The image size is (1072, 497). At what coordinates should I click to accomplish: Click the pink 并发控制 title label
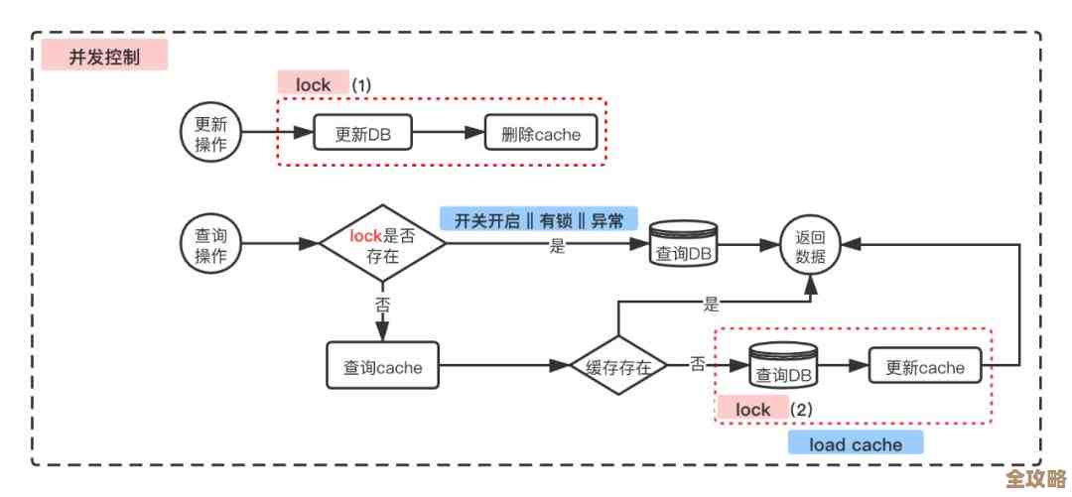tap(104, 57)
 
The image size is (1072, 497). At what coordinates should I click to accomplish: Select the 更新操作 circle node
tap(209, 133)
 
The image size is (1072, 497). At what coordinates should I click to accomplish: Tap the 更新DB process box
tap(362, 134)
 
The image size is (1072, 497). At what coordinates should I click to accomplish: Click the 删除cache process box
tap(540, 134)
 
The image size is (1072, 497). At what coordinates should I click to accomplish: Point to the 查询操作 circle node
tap(209, 243)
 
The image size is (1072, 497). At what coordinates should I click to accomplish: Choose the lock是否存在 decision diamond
tap(382, 244)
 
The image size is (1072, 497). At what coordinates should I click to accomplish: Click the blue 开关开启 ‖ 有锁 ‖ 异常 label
tap(539, 220)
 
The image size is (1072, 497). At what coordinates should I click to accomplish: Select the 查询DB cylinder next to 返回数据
tap(685, 248)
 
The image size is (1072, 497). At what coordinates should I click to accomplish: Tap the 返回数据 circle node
tap(810, 248)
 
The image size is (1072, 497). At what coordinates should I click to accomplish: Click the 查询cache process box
tap(382, 367)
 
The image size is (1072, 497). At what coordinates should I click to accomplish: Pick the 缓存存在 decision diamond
tap(618, 367)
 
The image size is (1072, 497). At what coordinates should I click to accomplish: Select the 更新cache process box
tap(924, 367)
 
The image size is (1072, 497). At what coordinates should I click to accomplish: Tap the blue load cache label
tap(855, 443)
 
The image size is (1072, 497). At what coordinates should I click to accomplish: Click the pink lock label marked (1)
tap(313, 84)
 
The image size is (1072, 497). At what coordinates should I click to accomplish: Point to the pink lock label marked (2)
tap(752, 409)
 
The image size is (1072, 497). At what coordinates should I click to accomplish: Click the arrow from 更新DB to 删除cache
tap(448, 134)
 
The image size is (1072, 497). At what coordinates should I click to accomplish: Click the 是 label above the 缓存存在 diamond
tap(711, 305)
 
